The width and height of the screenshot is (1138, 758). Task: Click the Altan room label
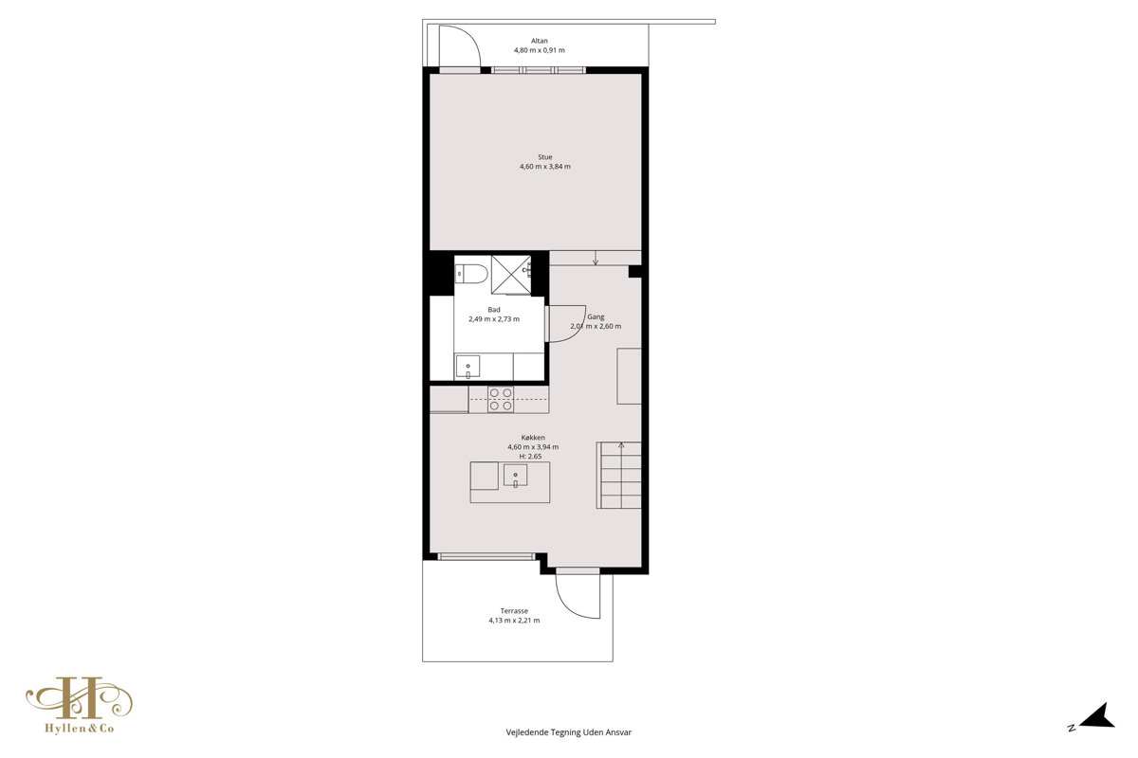[x=539, y=41]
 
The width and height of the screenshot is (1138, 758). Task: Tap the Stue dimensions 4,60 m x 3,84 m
[x=544, y=167]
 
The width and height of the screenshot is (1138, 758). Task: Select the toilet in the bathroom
[x=471, y=274]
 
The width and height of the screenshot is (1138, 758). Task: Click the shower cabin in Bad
[x=511, y=275]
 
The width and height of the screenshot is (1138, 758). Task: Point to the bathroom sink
[x=468, y=366]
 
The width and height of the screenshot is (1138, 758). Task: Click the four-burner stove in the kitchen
[x=501, y=400]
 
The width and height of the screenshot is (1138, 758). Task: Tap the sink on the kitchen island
[x=515, y=476]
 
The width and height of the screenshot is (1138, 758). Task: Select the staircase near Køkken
[x=618, y=476]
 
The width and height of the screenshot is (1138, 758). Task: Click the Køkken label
[x=533, y=437]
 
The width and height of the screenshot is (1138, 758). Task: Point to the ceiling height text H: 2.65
[x=530, y=457]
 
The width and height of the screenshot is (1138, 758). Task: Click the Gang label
[x=596, y=316]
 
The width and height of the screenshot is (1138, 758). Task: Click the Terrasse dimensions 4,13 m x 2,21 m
[x=514, y=621]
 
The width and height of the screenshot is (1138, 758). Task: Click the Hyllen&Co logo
[x=80, y=705]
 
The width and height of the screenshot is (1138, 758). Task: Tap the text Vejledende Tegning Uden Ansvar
[x=568, y=732]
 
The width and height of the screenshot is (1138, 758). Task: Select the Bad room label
[x=494, y=310]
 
